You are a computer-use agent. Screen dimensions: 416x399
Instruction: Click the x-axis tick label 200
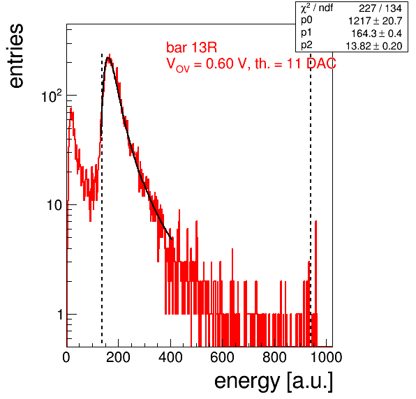[x=118, y=357]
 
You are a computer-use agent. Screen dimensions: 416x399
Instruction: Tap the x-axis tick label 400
[x=170, y=357]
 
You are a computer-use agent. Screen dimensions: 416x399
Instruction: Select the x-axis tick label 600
[x=223, y=357]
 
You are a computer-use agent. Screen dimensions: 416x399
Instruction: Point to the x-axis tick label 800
[x=274, y=357]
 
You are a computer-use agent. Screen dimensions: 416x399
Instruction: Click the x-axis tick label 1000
[x=326, y=357]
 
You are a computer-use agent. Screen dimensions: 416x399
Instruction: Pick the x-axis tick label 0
[x=66, y=357]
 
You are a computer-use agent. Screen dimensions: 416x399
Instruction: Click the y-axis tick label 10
[x=54, y=205]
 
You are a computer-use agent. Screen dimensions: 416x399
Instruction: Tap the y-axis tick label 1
[x=60, y=315]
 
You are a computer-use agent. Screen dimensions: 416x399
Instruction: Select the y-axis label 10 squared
[x=52, y=96]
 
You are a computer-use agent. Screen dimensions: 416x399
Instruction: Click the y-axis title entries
[x=16, y=55]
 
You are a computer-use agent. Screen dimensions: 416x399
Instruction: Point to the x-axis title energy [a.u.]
[x=274, y=382]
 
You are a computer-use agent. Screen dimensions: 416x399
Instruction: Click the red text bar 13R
[x=191, y=47]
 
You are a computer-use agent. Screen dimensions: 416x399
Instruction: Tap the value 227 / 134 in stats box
[x=380, y=8]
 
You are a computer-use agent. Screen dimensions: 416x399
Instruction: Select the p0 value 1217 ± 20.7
[x=375, y=21]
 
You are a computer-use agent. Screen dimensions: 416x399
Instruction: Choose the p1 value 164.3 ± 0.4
[x=376, y=33]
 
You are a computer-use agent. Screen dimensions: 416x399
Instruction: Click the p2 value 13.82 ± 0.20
[x=374, y=46]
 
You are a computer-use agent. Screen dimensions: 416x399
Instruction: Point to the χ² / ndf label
[x=316, y=8]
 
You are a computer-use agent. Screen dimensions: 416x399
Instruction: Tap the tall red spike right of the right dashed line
[x=315, y=283]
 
